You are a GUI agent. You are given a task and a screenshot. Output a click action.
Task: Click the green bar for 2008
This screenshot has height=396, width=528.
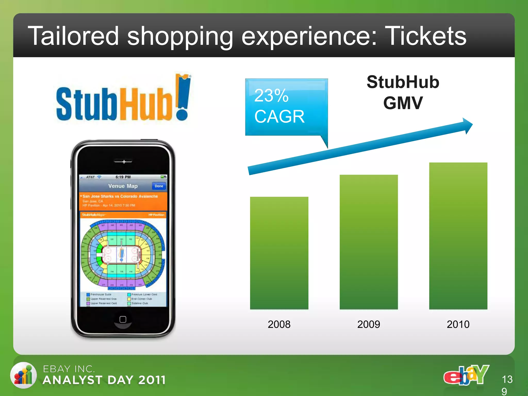(x=279, y=253)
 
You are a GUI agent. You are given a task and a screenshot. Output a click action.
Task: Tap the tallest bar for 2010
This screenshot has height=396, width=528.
(x=458, y=236)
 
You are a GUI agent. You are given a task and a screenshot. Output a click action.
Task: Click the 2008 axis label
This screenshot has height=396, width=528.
(x=279, y=324)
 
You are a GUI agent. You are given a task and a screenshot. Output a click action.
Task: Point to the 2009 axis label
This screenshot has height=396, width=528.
(x=368, y=324)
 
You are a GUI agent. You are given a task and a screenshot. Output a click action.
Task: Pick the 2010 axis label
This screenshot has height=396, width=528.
(x=458, y=324)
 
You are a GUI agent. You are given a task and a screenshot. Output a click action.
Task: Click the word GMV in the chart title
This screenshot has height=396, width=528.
(x=403, y=103)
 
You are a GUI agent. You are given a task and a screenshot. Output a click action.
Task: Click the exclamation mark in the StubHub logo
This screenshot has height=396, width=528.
(x=183, y=98)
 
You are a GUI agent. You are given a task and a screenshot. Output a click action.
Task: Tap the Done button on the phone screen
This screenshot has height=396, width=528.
(x=159, y=186)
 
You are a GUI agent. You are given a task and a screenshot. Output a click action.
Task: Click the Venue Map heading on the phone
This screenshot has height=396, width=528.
(x=123, y=186)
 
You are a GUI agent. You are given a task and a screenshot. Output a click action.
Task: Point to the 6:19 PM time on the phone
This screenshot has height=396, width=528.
(x=123, y=177)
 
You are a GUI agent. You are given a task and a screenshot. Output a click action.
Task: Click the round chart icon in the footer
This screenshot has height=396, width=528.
(x=23, y=375)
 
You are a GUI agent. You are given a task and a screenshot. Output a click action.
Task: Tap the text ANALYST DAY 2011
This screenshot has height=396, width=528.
(x=104, y=380)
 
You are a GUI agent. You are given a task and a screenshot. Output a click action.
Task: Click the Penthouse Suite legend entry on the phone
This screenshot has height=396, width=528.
(x=99, y=294)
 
